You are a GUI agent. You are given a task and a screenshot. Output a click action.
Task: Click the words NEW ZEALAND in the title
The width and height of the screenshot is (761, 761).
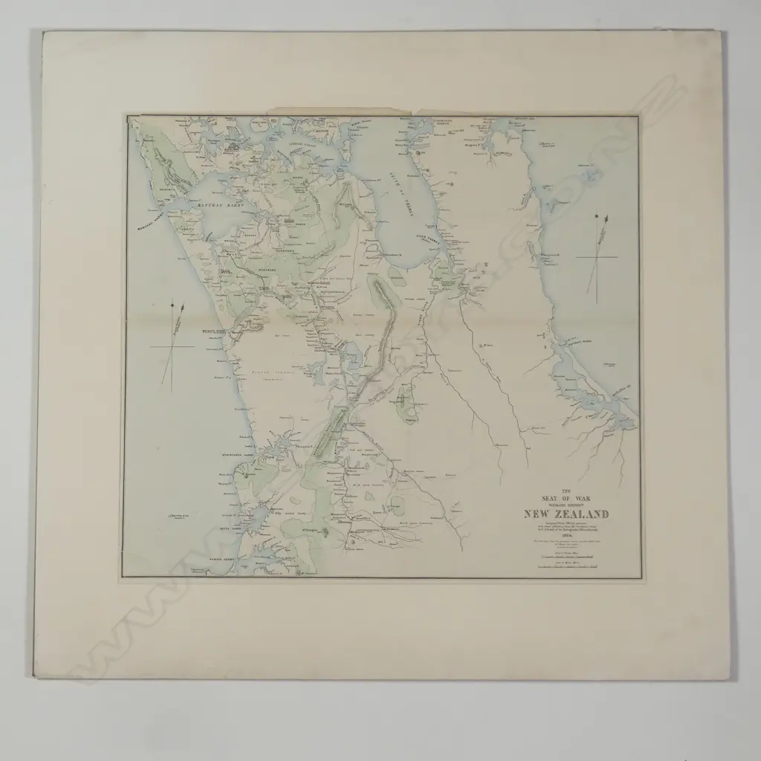pyautogui.click(x=566, y=514)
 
